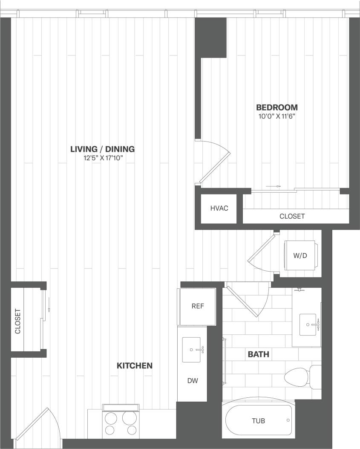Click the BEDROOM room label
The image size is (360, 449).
tap(276, 107)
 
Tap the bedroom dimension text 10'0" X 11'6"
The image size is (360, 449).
tap(276, 116)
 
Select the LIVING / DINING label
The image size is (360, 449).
tap(102, 149)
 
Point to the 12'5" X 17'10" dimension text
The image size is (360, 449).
tap(102, 158)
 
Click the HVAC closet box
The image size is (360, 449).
tap(219, 209)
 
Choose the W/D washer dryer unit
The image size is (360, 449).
tap(300, 255)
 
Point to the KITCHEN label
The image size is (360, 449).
tap(135, 366)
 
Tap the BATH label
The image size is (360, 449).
tap(259, 354)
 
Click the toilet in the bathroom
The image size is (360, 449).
tap(300, 377)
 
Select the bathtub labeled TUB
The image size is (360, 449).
tap(259, 421)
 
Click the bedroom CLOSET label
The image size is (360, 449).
tap(292, 216)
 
